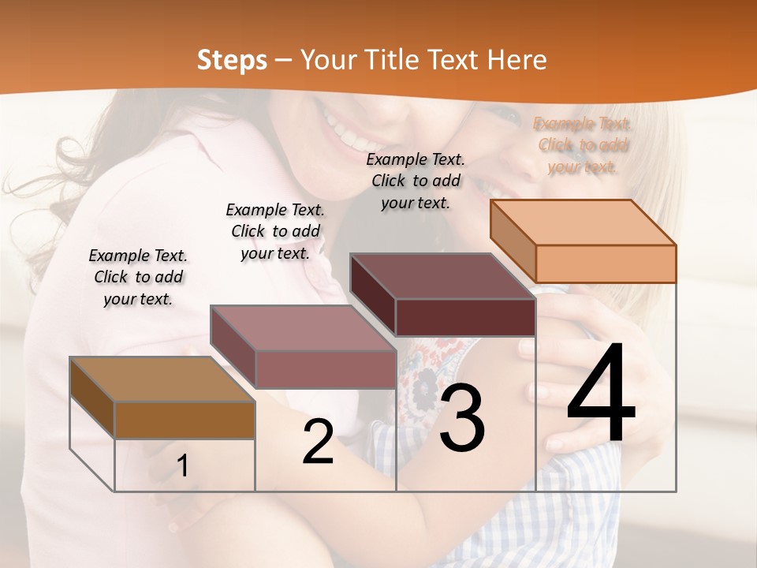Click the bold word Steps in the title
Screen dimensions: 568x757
click(232, 60)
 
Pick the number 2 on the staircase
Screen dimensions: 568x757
click(318, 442)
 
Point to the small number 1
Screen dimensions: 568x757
click(182, 465)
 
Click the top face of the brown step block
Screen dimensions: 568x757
click(162, 379)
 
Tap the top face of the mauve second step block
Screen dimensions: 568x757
click(302, 328)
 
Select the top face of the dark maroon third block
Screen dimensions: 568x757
click(442, 276)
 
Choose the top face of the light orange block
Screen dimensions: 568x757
click(583, 222)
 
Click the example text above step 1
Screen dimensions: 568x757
click(138, 277)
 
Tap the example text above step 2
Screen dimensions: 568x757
click(275, 231)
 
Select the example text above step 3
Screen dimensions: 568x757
click(416, 181)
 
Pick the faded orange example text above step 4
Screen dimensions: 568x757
click(583, 145)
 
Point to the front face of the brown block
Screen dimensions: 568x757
click(185, 420)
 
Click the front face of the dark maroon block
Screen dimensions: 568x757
click(465, 317)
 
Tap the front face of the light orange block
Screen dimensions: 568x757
click(606, 263)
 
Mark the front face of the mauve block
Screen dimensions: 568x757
click(325, 369)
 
